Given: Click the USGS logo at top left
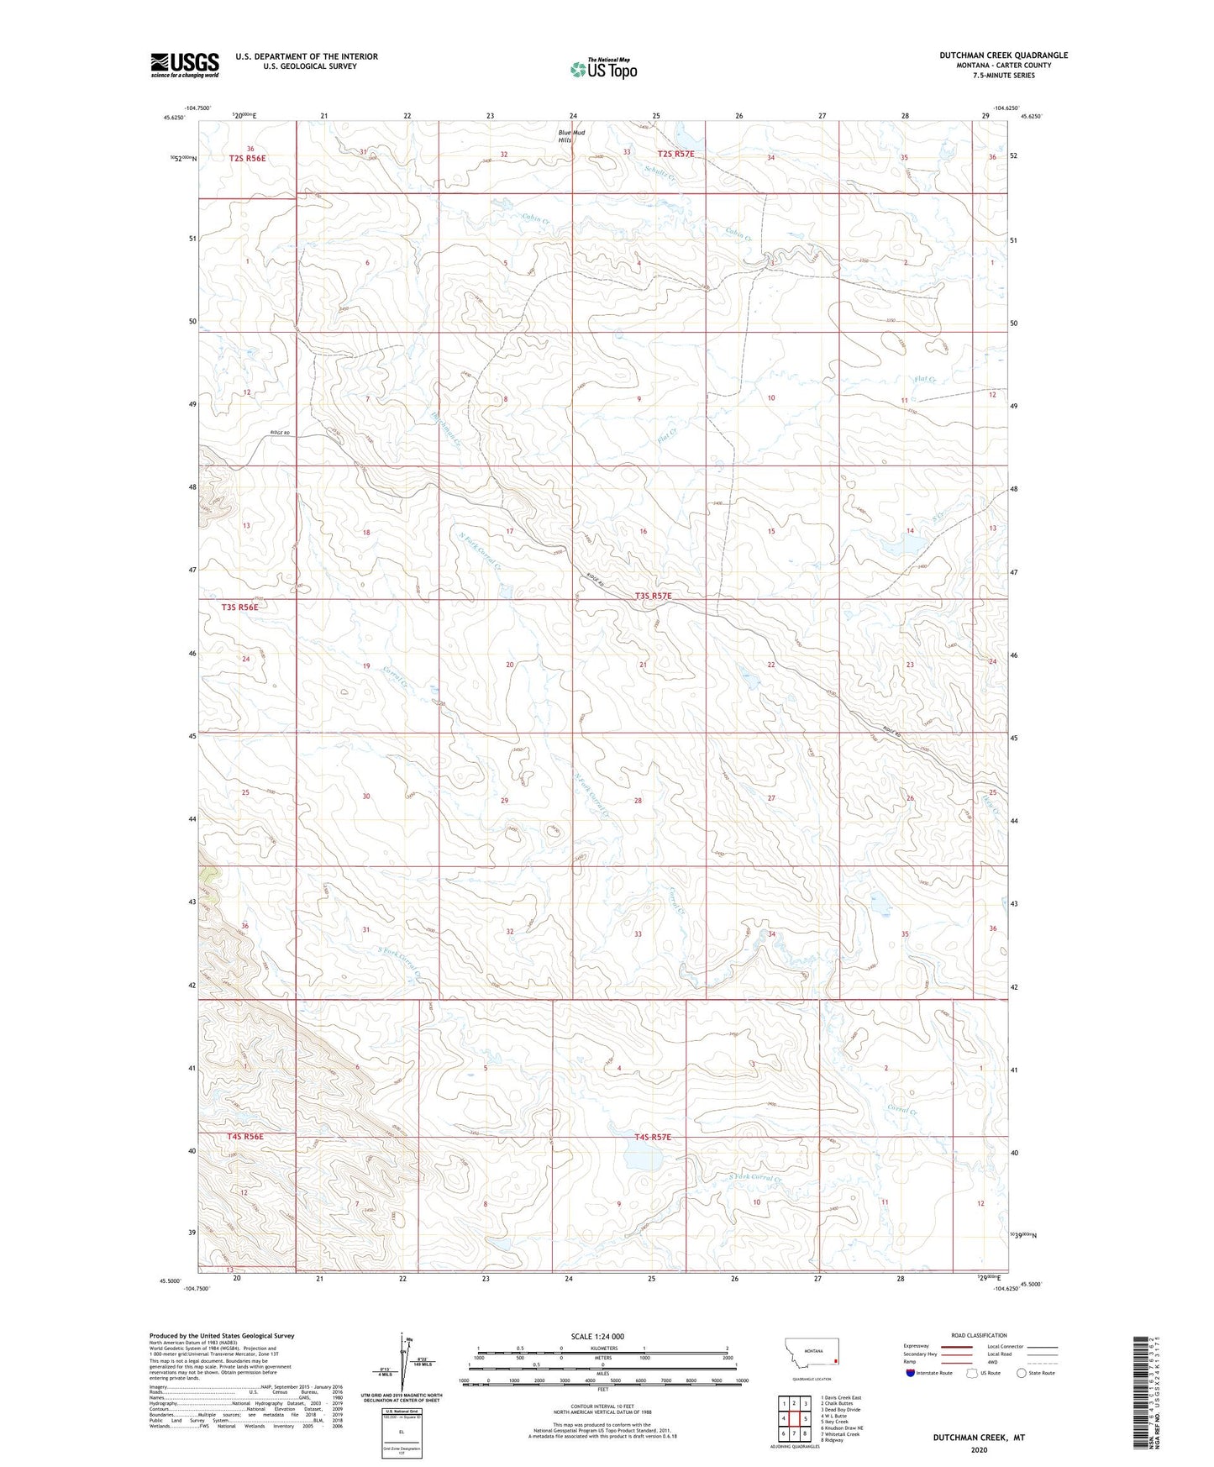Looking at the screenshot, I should [184, 65].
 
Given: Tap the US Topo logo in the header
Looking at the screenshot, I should [602, 69].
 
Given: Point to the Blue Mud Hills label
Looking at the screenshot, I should [572, 136].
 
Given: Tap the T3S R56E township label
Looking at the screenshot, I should [239, 607].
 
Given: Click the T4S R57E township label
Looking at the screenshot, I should [652, 1137].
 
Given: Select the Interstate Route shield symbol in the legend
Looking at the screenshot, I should [912, 1373].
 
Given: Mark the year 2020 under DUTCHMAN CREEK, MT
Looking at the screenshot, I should [979, 1449].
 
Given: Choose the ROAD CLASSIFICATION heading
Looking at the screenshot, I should [978, 1335].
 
